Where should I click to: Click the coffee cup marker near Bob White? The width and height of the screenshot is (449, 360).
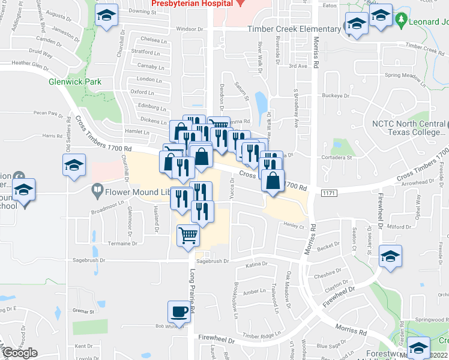coord(178,312)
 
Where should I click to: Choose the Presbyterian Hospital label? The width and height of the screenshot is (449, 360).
coord(191,3)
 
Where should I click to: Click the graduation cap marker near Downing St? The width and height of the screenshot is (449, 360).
coord(107,16)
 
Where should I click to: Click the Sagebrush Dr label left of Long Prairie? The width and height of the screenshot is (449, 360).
coord(86,260)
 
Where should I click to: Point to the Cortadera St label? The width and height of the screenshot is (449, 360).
coord(338,158)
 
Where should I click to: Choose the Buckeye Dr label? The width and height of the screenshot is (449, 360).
coord(336,95)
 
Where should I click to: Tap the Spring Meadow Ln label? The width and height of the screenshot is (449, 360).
coord(405,76)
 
